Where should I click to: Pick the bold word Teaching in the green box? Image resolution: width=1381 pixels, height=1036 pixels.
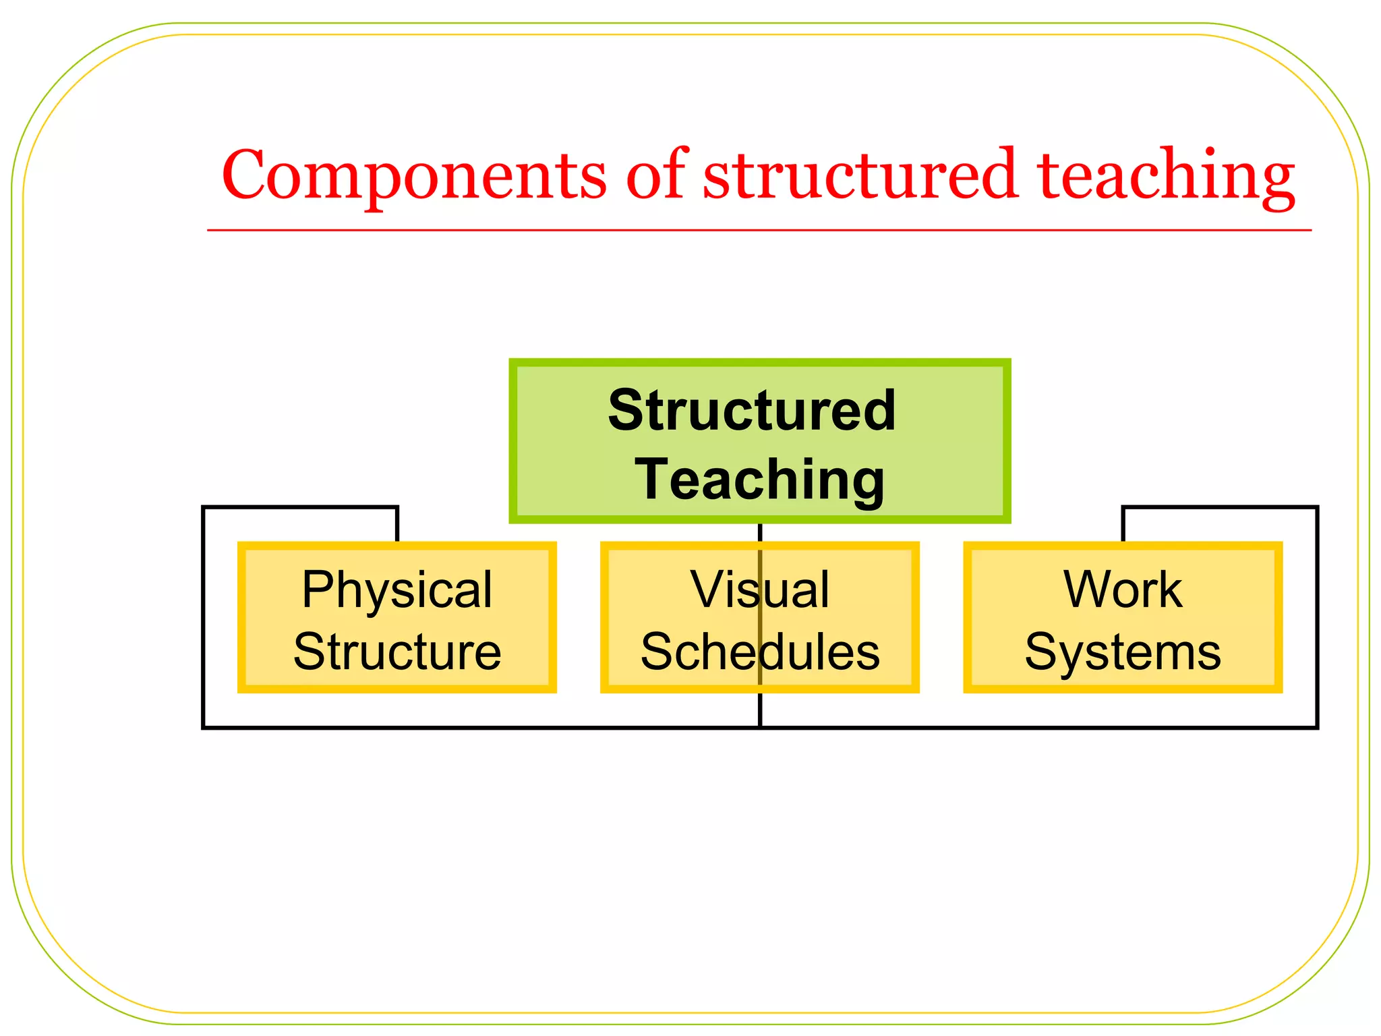click(759, 479)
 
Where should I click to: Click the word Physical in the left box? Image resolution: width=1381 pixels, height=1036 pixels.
click(396, 589)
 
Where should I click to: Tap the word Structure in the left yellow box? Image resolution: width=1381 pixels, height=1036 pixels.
click(396, 652)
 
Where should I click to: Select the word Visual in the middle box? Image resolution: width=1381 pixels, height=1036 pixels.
click(759, 589)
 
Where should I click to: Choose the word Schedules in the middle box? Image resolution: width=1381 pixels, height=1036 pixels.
click(759, 652)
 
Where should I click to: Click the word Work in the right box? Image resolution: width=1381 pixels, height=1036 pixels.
click(1122, 589)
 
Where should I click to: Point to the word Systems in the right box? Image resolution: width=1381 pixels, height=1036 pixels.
click(1122, 652)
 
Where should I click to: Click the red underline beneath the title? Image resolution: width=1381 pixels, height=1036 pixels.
click(759, 230)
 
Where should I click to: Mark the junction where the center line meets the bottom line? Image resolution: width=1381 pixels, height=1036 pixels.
click(760, 727)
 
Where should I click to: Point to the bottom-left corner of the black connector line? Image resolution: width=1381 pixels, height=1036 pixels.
click(204, 727)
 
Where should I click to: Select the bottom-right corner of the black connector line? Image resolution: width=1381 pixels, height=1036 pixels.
click(1316, 727)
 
